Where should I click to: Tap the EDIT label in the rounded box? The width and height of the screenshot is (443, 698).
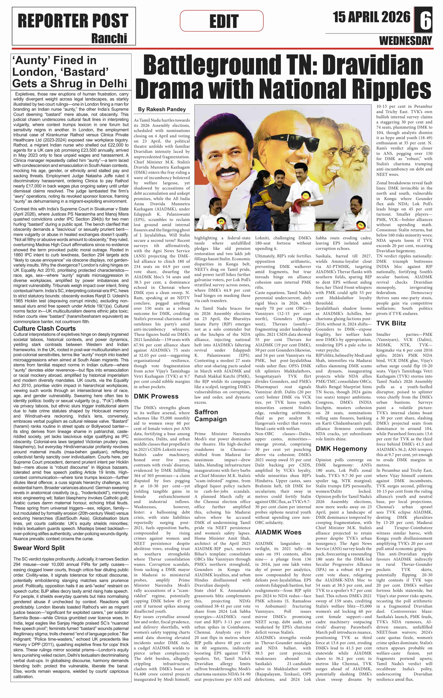[224, 21]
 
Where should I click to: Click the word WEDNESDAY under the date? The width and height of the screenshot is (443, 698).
[405, 41]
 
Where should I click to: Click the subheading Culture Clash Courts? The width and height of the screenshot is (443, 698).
[45, 328]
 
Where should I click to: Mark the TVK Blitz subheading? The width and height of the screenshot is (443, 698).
[391, 323]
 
